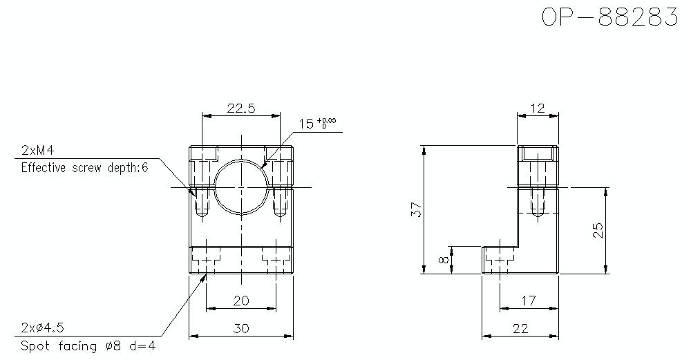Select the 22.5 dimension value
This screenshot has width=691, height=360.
[x=240, y=108]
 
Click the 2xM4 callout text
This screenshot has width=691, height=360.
[x=37, y=151]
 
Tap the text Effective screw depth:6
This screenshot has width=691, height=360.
[x=84, y=167]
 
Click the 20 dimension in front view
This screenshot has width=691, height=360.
[x=240, y=300]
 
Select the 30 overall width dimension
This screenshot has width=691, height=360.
[x=240, y=329]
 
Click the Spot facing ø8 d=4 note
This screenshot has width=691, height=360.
[x=88, y=345]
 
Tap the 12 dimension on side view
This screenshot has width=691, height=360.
[x=538, y=108]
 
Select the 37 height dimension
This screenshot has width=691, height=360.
[x=415, y=210]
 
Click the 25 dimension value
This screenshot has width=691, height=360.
[x=598, y=230]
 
